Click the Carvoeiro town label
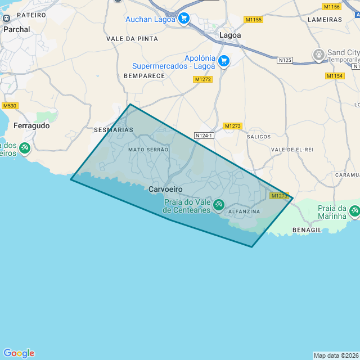(x=165, y=190)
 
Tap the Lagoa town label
(x=230, y=35)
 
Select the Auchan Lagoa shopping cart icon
(x=183, y=19)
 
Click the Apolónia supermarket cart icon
(x=224, y=60)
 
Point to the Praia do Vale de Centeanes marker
(x=219, y=205)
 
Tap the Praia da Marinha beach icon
(x=354, y=211)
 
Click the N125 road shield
(x=285, y=60)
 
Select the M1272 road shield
(x=202, y=79)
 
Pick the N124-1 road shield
(x=204, y=136)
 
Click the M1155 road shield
(x=254, y=20)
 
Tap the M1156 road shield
(x=332, y=7)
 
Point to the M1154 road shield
(x=335, y=75)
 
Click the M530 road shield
(x=10, y=106)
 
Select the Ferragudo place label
(x=31, y=126)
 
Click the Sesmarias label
(x=114, y=130)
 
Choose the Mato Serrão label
(x=148, y=150)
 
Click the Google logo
(x=19, y=353)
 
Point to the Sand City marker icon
(x=319, y=55)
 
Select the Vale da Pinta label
(x=132, y=39)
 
